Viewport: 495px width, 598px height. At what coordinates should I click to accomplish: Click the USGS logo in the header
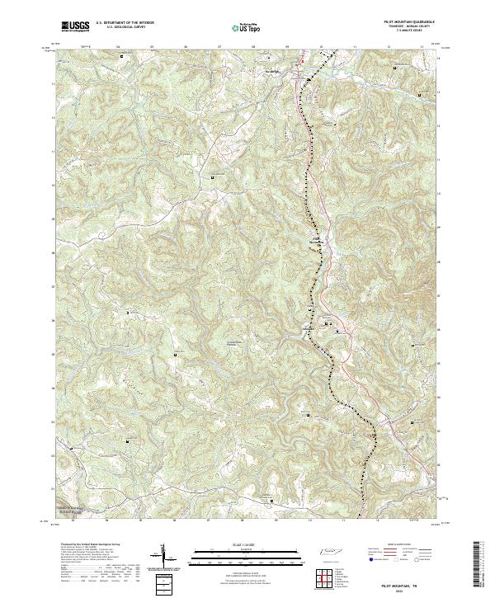pyautogui.click(x=75, y=27)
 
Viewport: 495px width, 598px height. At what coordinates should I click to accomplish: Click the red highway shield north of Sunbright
pyautogui.click(x=302, y=60)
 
